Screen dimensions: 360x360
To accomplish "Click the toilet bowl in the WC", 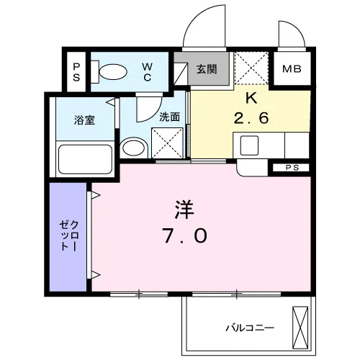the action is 113,71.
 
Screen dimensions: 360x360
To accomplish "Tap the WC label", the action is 147,72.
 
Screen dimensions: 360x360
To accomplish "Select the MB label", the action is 292,69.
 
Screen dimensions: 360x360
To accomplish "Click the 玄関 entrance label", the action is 207,69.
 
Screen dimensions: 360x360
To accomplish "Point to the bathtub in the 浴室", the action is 85,159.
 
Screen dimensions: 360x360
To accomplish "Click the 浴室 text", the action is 84,120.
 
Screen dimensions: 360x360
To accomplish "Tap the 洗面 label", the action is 170,117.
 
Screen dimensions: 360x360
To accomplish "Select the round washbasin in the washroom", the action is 134,148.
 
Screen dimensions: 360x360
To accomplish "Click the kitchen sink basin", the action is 249,145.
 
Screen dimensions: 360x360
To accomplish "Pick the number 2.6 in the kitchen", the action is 251,118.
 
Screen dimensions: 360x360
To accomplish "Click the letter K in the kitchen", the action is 251,98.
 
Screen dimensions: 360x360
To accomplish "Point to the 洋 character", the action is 184,210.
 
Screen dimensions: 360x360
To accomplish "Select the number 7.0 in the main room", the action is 184,235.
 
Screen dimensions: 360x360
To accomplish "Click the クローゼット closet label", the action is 69,235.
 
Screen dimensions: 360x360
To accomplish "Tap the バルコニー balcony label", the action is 250,328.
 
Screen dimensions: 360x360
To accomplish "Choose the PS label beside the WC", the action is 76,72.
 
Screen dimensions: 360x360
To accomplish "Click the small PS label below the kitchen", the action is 292,168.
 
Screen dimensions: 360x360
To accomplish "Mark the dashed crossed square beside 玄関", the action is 251,68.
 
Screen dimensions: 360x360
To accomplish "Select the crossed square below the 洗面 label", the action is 167,143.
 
